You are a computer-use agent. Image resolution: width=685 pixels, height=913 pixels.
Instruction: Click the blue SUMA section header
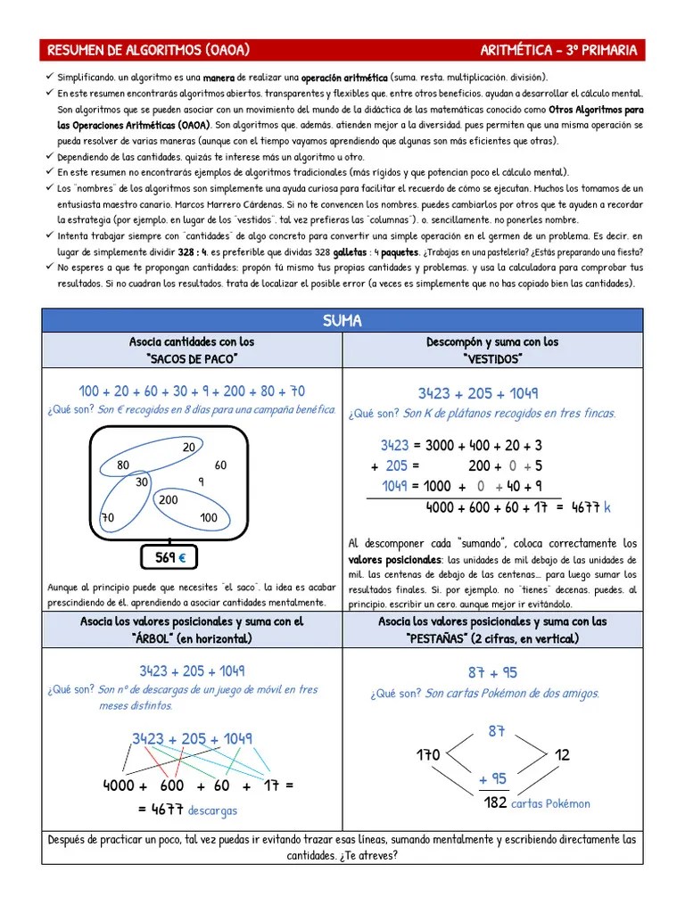(x=342, y=321)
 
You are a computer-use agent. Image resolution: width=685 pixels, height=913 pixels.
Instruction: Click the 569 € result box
(x=169, y=557)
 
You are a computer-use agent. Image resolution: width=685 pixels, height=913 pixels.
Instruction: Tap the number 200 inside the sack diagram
(x=169, y=500)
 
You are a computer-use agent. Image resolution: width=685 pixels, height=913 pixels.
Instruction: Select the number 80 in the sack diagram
(x=122, y=465)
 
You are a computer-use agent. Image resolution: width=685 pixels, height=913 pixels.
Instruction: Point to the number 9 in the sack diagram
(x=202, y=481)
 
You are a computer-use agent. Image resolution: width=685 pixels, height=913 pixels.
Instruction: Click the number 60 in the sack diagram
(x=220, y=465)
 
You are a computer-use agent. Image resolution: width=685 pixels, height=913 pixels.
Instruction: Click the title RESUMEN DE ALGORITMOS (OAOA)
(x=148, y=50)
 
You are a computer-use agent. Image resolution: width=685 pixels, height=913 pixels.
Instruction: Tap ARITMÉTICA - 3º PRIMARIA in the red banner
(x=558, y=50)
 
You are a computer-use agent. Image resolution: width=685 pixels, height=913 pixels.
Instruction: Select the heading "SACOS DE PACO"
(x=192, y=358)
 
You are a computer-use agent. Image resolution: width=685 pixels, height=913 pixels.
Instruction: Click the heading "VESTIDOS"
(x=492, y=358)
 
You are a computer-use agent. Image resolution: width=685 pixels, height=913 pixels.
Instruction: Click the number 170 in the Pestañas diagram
(x=428, y=755)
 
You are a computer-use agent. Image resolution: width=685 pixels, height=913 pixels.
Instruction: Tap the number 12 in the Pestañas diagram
(x=561, y=755)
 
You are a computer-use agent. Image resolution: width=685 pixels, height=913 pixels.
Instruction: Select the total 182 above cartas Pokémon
(x=495, y=802)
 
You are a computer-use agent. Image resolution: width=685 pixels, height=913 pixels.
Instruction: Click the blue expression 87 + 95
(x=492, y=672)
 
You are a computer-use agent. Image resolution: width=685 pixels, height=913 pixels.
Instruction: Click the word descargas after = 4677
(x=213, y=810)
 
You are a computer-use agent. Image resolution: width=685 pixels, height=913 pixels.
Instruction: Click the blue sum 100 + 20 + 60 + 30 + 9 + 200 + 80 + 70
(x=192, y=391)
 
